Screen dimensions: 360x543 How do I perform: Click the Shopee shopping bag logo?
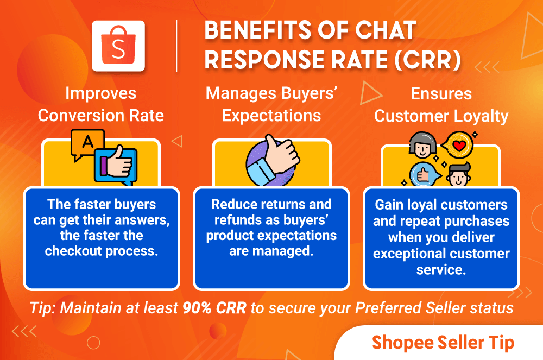(x=118, y=46)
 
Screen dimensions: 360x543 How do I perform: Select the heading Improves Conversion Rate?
(x=101, y=104)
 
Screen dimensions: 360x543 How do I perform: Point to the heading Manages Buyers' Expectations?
(x=271, y=104)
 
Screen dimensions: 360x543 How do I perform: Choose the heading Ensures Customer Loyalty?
(x=441, y=104)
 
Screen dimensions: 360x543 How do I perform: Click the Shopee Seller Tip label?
(x=443, y=343)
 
